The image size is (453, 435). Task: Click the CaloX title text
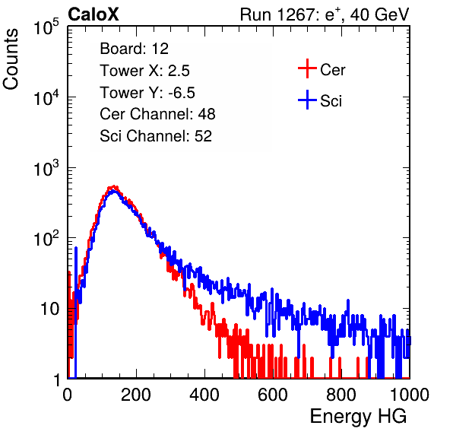(93, 14)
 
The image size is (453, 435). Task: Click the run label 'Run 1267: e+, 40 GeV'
(325, 14)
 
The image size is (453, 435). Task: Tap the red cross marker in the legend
(307, 68)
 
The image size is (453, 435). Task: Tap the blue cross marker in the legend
(307, 100)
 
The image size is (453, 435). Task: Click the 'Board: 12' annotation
(134, 49)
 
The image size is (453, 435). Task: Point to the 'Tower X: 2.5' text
(144, 71)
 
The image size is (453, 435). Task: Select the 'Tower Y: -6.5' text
(147, 93)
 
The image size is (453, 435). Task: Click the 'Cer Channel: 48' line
(157, 114)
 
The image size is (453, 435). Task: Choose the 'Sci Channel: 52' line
(156, 136)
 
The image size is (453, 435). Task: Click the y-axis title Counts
(11, 59)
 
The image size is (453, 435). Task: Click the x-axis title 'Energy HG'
(358, 417)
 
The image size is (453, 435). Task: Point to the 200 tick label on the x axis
(136, 395)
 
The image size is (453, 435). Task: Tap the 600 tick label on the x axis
(273, 395)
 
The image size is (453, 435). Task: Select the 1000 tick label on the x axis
(410, 395)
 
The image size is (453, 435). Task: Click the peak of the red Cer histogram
(114, 187)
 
